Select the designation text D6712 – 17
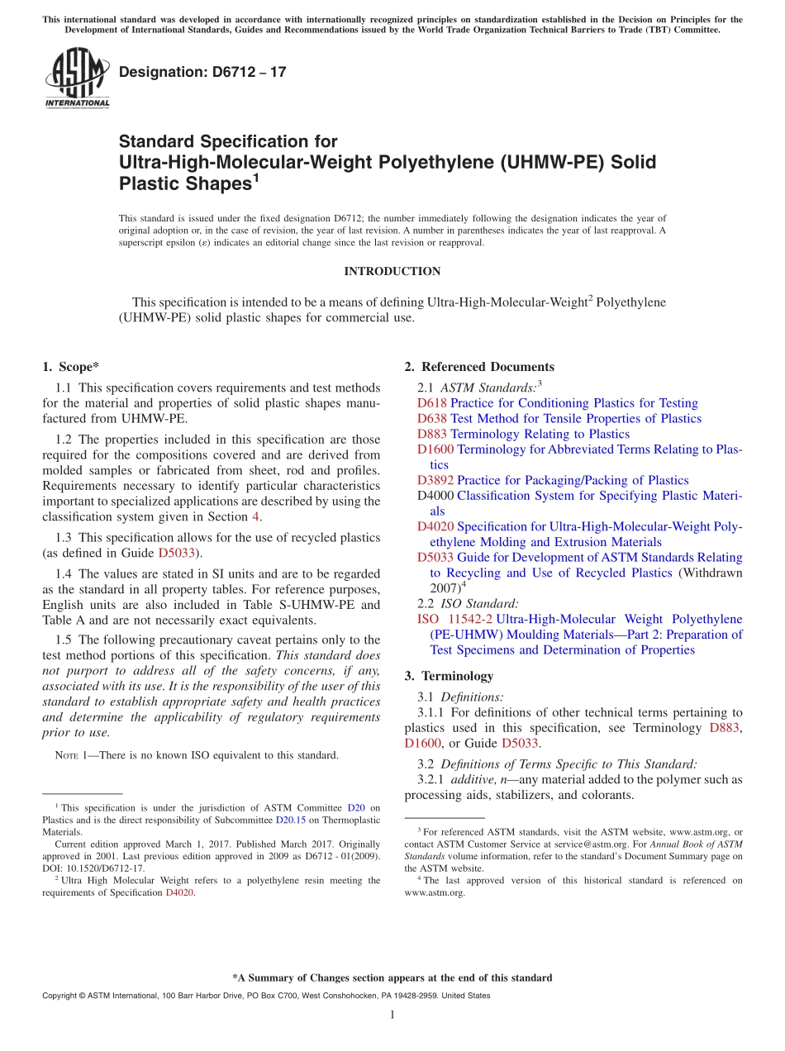pos(202,72)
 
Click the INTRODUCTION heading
pos(392,271)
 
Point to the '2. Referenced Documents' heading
pos(479,367)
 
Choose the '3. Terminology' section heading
pos(449,676)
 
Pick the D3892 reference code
pos(435,480)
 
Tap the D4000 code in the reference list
pos(435,496)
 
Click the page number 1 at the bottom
pos(392,1015)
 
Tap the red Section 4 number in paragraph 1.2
pos(255,517)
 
